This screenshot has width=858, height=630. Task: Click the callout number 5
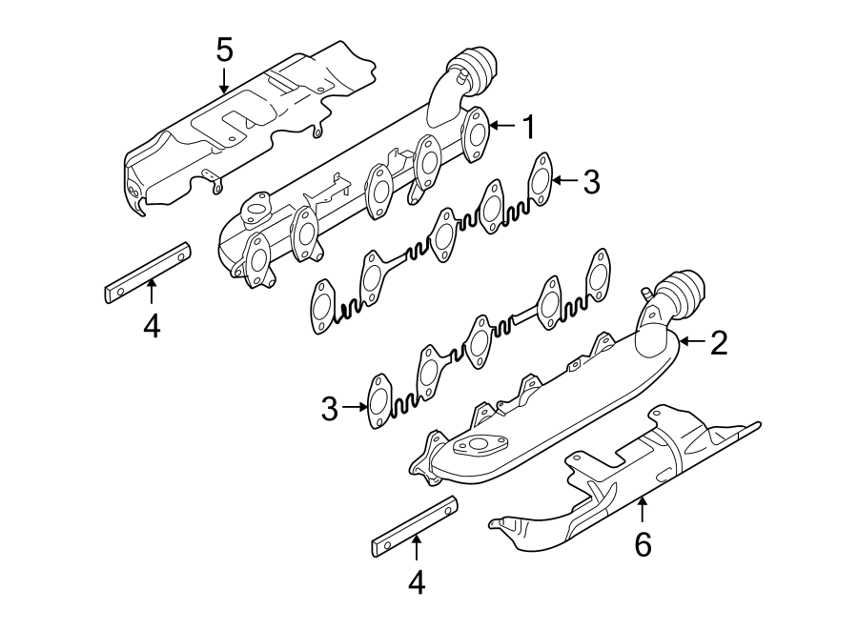click(224, 47)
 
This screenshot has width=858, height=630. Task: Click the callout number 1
click(527, 125)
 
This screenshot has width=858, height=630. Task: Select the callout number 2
click(718, 343)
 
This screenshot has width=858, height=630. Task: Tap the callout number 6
click(643, 544)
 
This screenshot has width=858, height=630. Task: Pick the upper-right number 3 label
click(591, 181)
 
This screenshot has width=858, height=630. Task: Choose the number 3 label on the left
click(330, 410)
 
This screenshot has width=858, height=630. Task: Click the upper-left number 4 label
click(152, 326)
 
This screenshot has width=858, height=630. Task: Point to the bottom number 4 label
click(417, 581)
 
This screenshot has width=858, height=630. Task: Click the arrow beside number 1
click(503, 125)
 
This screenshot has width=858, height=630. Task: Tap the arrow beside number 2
click(692, 340)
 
